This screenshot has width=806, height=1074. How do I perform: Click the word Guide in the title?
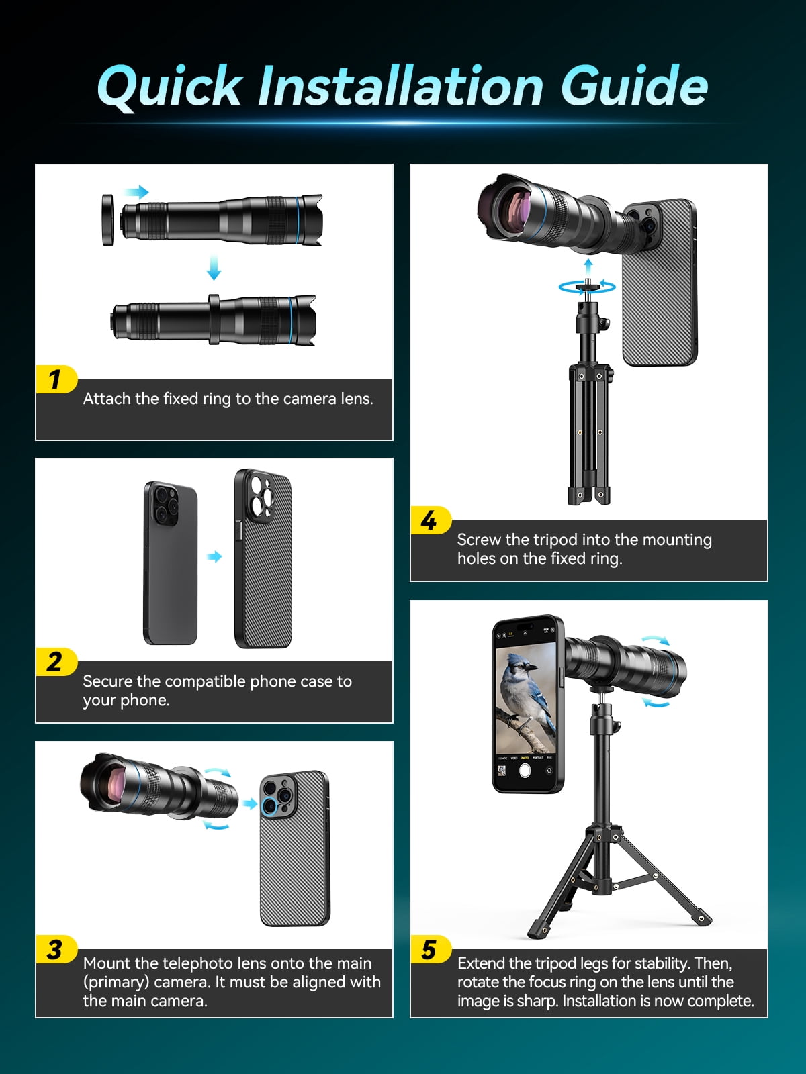[x=634, y=86]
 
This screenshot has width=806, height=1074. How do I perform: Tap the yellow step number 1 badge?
[x=56, y=380]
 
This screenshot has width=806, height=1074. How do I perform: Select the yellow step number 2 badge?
[x=56, y=662]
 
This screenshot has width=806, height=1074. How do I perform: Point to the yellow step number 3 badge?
[x=56, y=950]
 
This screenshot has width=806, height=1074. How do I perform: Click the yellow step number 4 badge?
[x=431, y=521]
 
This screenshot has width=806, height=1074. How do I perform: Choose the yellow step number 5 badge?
[x=431, y=950]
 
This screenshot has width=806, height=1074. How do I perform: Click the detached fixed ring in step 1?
[x=107, y=219]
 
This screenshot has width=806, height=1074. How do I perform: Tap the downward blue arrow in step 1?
[x=214, y=267]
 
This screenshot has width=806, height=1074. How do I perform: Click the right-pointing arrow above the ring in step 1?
[x=136, y=192]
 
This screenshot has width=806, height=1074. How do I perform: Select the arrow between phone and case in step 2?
[x=214, y=557]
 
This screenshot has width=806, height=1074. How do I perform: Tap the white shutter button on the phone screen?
[x=525, y=771]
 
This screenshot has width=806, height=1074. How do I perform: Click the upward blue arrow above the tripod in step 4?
[x=588, y=268]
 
